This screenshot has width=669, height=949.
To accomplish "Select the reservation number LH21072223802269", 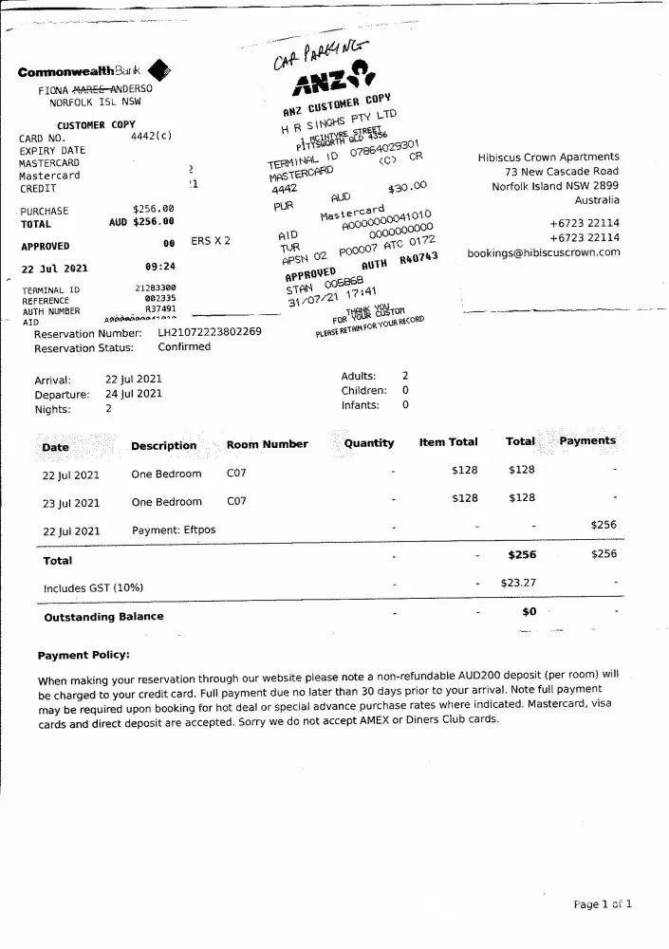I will [209, 333].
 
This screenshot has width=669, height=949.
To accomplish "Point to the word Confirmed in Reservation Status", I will [184, 347].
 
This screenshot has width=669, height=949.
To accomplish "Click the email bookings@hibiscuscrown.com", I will [543, 252].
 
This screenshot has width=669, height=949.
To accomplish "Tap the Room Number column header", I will [267, 444].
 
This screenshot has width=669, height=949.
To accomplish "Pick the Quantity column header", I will [368, 443].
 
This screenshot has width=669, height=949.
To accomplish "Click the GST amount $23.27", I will [518, 584].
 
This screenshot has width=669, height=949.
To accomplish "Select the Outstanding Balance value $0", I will [530, 612].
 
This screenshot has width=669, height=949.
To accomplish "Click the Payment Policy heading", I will [84, 656].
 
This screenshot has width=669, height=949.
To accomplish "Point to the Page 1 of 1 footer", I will [603, 904].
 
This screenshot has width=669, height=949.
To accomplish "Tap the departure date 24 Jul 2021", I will [133, 393].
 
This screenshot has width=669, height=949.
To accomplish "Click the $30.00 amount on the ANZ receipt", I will [408, 187].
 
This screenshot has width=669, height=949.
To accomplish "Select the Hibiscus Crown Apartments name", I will [548, 158].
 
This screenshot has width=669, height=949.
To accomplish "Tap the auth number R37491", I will [159, 309].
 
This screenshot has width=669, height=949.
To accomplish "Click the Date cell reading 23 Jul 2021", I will [71, 503].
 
